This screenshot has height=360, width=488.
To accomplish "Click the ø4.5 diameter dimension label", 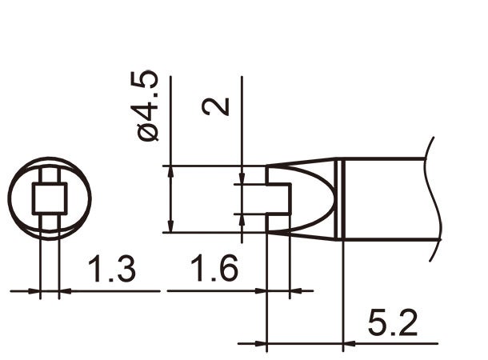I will tap(150, 106).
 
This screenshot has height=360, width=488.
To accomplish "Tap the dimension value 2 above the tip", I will tap(216, 105).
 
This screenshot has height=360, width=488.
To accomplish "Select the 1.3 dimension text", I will tap(111, 270).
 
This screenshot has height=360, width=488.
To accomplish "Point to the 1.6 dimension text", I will tap(214, 270).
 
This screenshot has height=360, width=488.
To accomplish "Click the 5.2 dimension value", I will tap(392, 324).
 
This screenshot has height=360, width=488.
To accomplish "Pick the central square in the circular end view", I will tap(50, 198).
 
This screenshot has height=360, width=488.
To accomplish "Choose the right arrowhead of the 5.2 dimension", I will tap(349, 345).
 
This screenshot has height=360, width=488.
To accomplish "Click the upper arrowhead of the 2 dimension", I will tap(241, 179).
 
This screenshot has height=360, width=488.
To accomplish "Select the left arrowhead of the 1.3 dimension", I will tap(34, 291).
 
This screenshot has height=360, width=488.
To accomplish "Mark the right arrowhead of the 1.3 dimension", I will tap(66, 291).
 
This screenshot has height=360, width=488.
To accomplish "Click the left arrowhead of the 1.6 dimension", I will tap(259, 291).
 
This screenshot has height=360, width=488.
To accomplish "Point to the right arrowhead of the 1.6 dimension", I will tap(295, 291).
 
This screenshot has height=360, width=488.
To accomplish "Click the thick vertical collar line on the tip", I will tap(343, 199).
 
